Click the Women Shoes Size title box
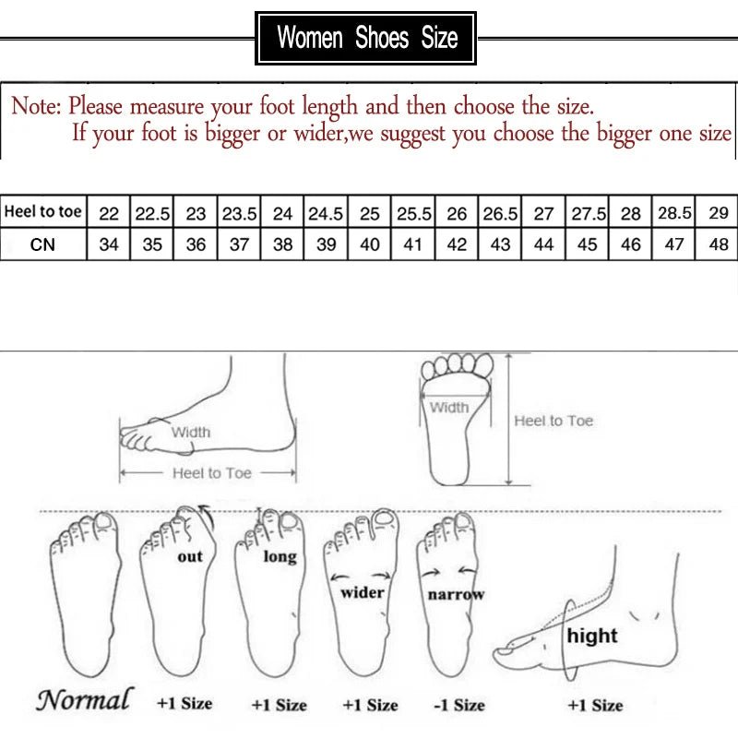pos(366,38)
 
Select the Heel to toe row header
pos(43,212)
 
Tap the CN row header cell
pos(43,244)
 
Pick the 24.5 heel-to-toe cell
pos(326,213)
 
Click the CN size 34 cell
pos(109,245)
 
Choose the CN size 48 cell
pos(719,245)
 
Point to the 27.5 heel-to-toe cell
pos(587,213)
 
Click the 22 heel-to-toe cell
pos(109,213)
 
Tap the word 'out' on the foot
pos(190,556)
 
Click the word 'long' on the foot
pos(280,556)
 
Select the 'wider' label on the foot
pos(362,591)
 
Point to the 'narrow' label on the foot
pos(456,595)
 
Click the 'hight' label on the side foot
pos(592,636)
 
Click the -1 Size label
pos(458,705)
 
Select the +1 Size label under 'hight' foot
pos(595,705)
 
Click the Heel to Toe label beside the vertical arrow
pos(553,421)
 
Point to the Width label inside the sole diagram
pos(449,407)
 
